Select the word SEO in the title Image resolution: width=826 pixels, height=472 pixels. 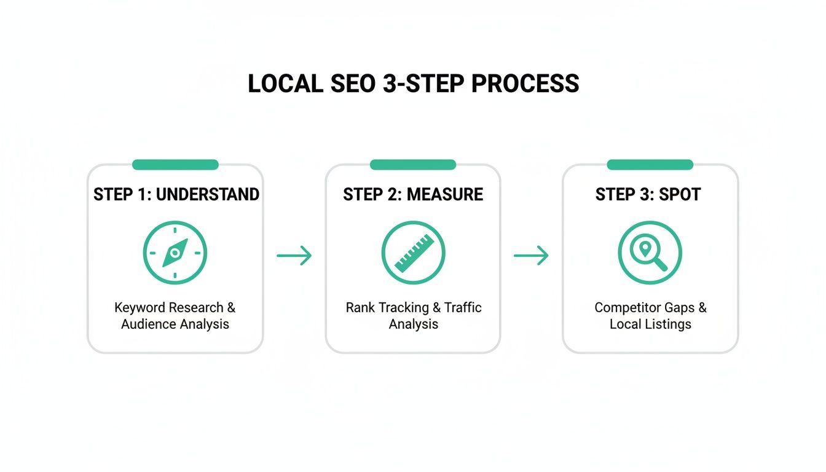tap(352, 84)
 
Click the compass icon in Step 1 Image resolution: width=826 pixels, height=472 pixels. tap(175, 253)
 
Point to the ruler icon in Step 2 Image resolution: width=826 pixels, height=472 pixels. tap(413, 253)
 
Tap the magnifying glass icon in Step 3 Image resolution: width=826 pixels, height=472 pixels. tap(650, 253)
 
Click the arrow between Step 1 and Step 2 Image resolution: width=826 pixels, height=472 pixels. tap(294, 255)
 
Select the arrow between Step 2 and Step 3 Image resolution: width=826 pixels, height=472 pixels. tap(531, 255)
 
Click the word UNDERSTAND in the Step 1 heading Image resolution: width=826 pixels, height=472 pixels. tap(208, 195)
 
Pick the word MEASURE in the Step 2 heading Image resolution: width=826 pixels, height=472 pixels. tap(446, 195)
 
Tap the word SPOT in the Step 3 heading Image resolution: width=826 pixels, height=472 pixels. tap(681, 195)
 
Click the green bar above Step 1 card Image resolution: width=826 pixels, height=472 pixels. tap(175, 165)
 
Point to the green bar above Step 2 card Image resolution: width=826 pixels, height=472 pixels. tap(413, 165)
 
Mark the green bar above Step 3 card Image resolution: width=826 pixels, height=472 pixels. tap(650, 165)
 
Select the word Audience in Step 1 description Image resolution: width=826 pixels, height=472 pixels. tap(147, 324)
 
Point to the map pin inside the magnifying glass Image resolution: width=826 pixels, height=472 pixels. tap(645, 248)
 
